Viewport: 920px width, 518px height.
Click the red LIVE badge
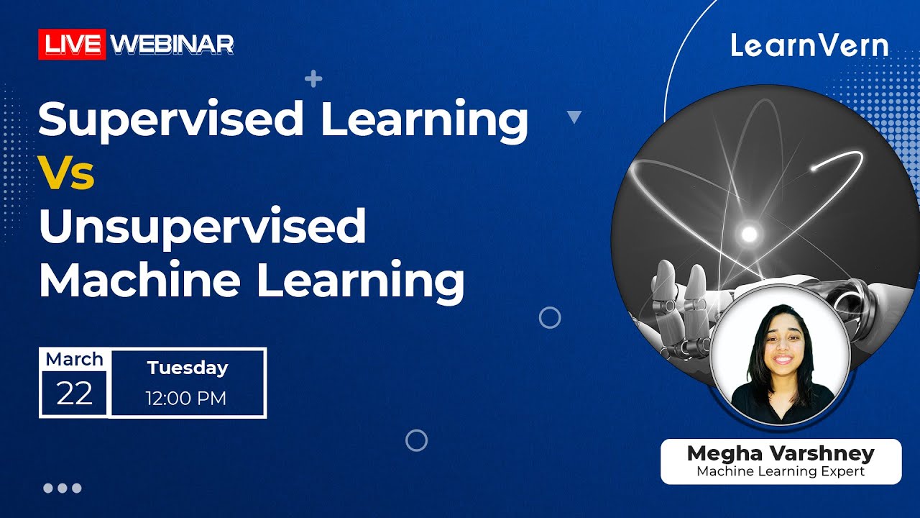pos(72,45)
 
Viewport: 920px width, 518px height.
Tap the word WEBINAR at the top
pos(172,45)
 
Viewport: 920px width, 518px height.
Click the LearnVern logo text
pos(810,46)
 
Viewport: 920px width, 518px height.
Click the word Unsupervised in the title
pos(203,227)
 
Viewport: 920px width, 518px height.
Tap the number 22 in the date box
pos(75,394)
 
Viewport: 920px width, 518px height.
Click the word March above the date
pos(75,359)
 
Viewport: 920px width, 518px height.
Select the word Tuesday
pos(188,368)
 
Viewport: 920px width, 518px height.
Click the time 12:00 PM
pos(186,398)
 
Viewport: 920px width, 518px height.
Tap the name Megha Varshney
pos(781,454)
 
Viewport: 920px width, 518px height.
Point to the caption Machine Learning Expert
pos(781,472)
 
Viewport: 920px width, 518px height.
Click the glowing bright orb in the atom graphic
pos(749,233)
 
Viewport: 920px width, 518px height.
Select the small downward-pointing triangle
pos(574,117)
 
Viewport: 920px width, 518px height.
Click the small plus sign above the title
pos(313,78)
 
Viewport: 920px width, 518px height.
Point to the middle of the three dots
pos(63,488)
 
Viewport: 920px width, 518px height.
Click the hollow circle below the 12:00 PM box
pos(417,440)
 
